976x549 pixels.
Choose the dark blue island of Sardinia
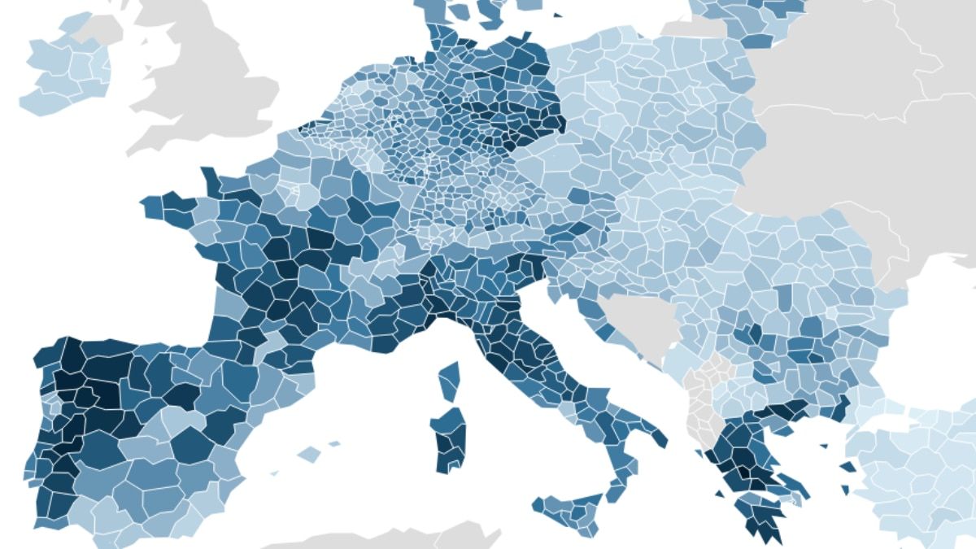click(449, 439)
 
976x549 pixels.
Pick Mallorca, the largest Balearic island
click(309, 454)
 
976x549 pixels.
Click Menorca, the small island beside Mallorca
click(334, 444)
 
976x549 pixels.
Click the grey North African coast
click(390, 540)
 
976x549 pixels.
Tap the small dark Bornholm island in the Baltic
click(557, 15)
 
